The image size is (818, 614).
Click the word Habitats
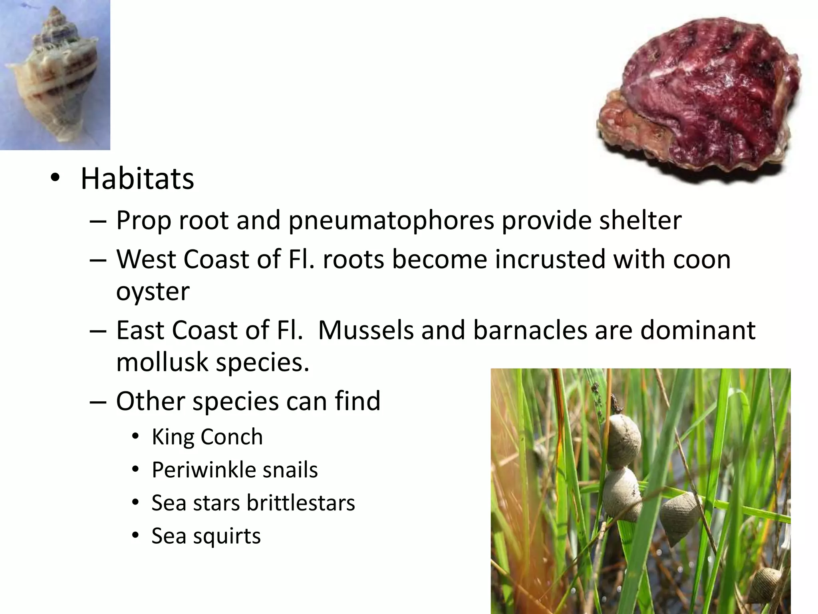pos(137,179)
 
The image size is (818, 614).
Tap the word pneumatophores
pos(391,221)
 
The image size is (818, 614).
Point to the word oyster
pos(153,292)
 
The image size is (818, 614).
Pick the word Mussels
pos(365,330)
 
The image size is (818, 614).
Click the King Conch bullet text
pos(207,437)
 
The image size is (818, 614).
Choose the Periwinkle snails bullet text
pos(234,470)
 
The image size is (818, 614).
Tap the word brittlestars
pos(301,503)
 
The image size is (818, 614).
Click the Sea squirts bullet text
pos(206,536)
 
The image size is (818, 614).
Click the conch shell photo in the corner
pos(55,75)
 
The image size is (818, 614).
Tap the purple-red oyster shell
pos(703,100)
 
